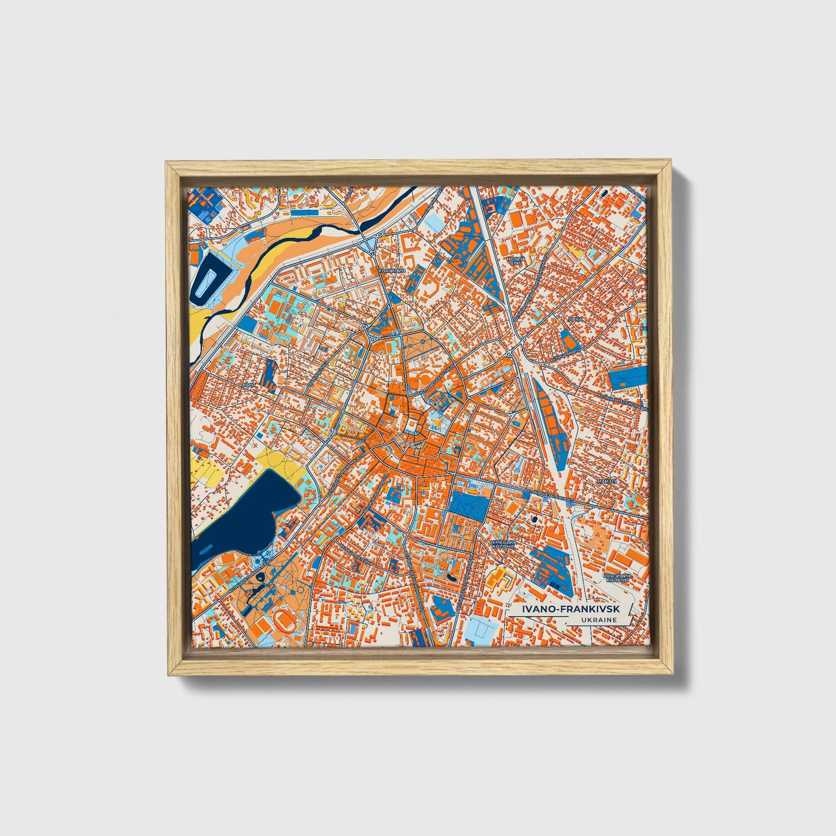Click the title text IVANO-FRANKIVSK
coord(570,609)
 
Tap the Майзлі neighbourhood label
coord(607,481)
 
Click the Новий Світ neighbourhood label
coord(514,261)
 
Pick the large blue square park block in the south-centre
coord(469,504)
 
